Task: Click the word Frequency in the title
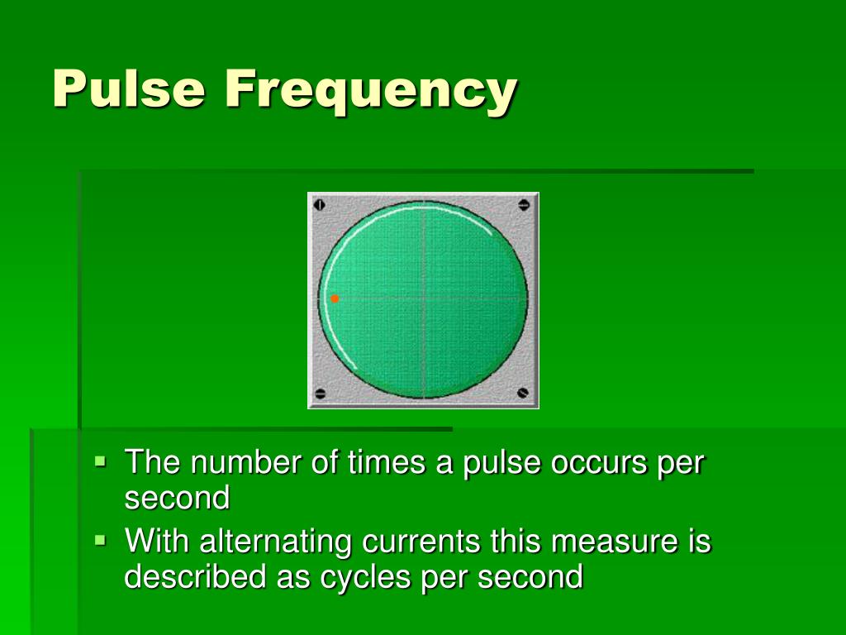coord(370,89)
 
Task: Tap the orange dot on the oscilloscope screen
coord(335,298)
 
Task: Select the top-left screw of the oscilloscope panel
coord(321,203)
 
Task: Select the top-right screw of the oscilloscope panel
coord(524,204)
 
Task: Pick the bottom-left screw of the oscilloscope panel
coord(321,394)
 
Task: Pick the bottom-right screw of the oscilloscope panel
coord(523,392)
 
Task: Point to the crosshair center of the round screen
coord(423,298)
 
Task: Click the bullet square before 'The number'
coord(101,461)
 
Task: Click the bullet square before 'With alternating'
coord(101,540)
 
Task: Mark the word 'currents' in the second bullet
coord(422,542)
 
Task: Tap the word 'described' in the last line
coord(195,576)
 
